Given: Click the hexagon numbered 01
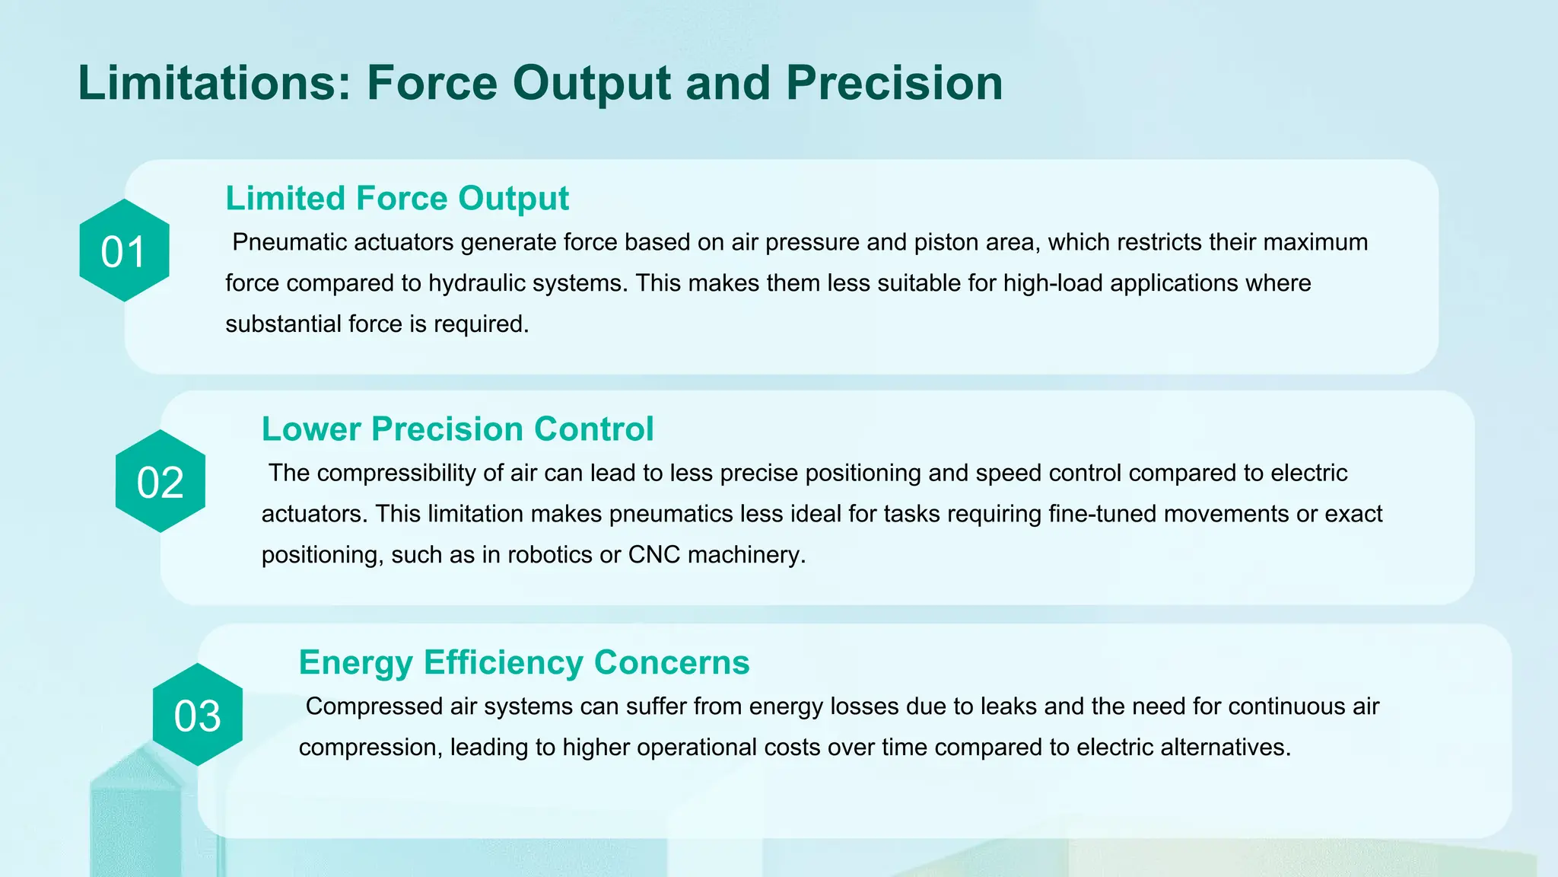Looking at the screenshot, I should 124,251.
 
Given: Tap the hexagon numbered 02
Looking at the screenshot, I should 161,482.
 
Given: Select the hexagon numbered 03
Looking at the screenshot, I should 198,716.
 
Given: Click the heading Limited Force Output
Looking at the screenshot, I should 396,199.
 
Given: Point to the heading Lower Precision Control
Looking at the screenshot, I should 457,429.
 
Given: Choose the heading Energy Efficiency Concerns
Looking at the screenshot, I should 524,662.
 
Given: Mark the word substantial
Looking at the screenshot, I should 283,324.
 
